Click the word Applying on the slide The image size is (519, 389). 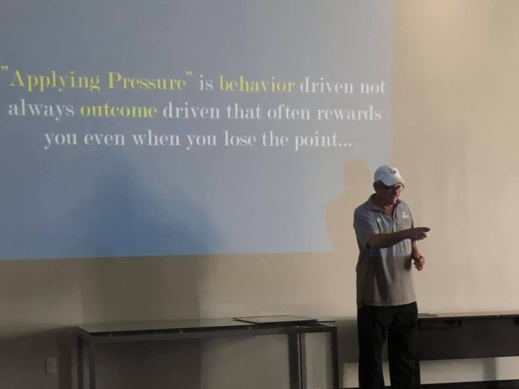click(x=55, y=81)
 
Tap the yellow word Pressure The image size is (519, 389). click(x=147, y=82)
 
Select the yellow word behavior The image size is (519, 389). click(x=257, y=84)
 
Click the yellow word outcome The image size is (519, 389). click(x=118, y=111)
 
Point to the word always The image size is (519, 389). click(x=41, y=109)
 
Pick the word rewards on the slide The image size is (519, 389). click(x=349, y=113)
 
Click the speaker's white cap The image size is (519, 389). click(x=388, y=175)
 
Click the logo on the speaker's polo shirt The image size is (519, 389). click(x=404, y=216)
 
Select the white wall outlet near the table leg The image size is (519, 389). click(x=50, y=366)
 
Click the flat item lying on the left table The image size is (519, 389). click(x=275, y=319)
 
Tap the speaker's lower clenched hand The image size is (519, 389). click(x=418, y=261)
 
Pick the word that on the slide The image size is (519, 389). click(x=244, y=112)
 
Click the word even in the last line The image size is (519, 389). click(x=104, y=138)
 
